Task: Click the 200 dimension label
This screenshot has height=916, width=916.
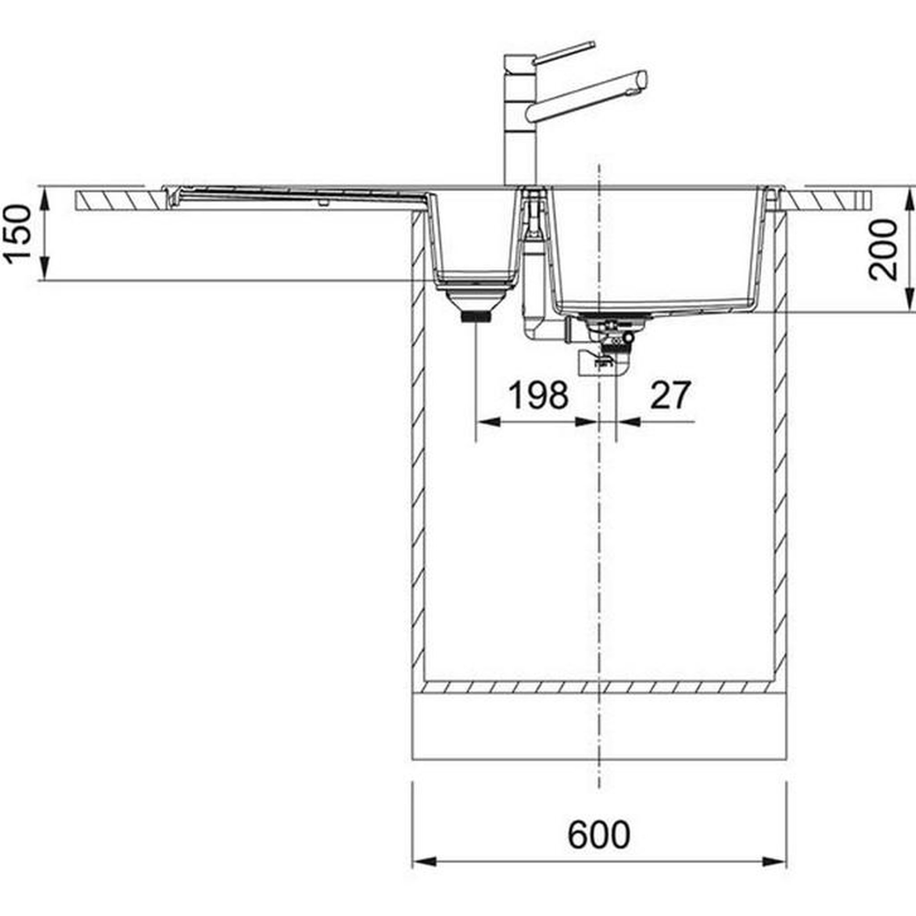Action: click(x=883, y=250)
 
